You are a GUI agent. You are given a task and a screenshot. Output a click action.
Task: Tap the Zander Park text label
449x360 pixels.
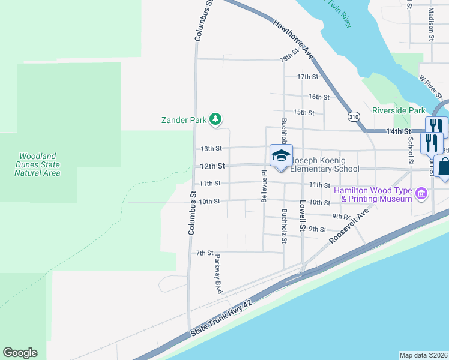(x=184, y=120)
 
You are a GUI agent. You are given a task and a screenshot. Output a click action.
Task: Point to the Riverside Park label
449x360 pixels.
(x=398, y=110)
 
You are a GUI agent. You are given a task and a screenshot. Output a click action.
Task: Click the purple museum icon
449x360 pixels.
(x=421, y=193)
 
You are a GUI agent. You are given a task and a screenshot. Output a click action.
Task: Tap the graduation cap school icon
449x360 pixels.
(x=280, y=156)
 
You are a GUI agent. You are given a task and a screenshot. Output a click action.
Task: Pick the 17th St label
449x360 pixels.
(x=307, y=77)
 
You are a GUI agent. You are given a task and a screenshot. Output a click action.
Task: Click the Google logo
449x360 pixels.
(x=20, y=353)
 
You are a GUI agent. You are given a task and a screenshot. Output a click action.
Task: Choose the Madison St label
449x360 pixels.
(x=432, y=24)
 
